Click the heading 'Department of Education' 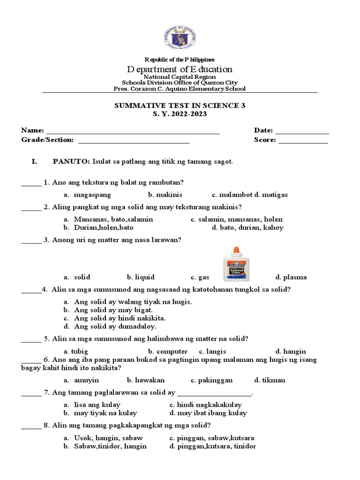point(180,69)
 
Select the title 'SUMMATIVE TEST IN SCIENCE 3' point(180,106)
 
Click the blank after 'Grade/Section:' point(134,141)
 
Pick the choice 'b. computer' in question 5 point(168,351)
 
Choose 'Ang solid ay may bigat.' point(112,310)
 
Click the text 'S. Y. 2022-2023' point(180,114)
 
